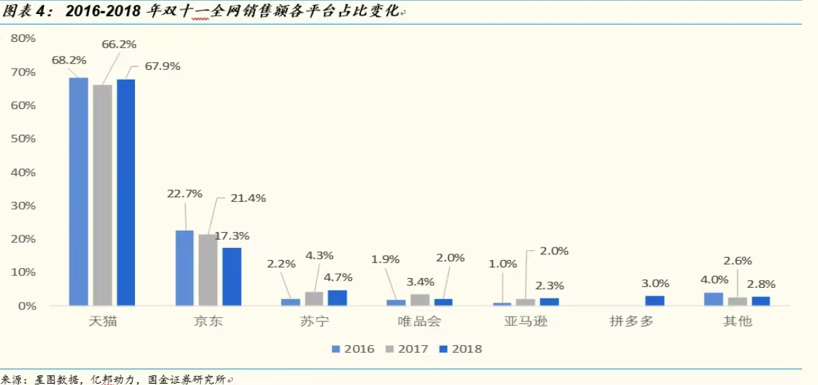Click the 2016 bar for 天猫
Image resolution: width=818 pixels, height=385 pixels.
coord(78,191)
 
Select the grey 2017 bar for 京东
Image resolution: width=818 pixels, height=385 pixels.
coord(208,270)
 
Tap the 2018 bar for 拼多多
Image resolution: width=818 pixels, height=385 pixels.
coord(654,300)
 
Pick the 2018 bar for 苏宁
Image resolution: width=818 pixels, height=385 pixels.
coord(337,298)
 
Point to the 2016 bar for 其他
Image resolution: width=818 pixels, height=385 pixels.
coord(713,299)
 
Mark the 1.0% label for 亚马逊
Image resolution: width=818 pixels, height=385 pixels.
coord(503,263)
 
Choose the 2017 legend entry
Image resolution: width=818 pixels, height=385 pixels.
coord(408,348)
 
